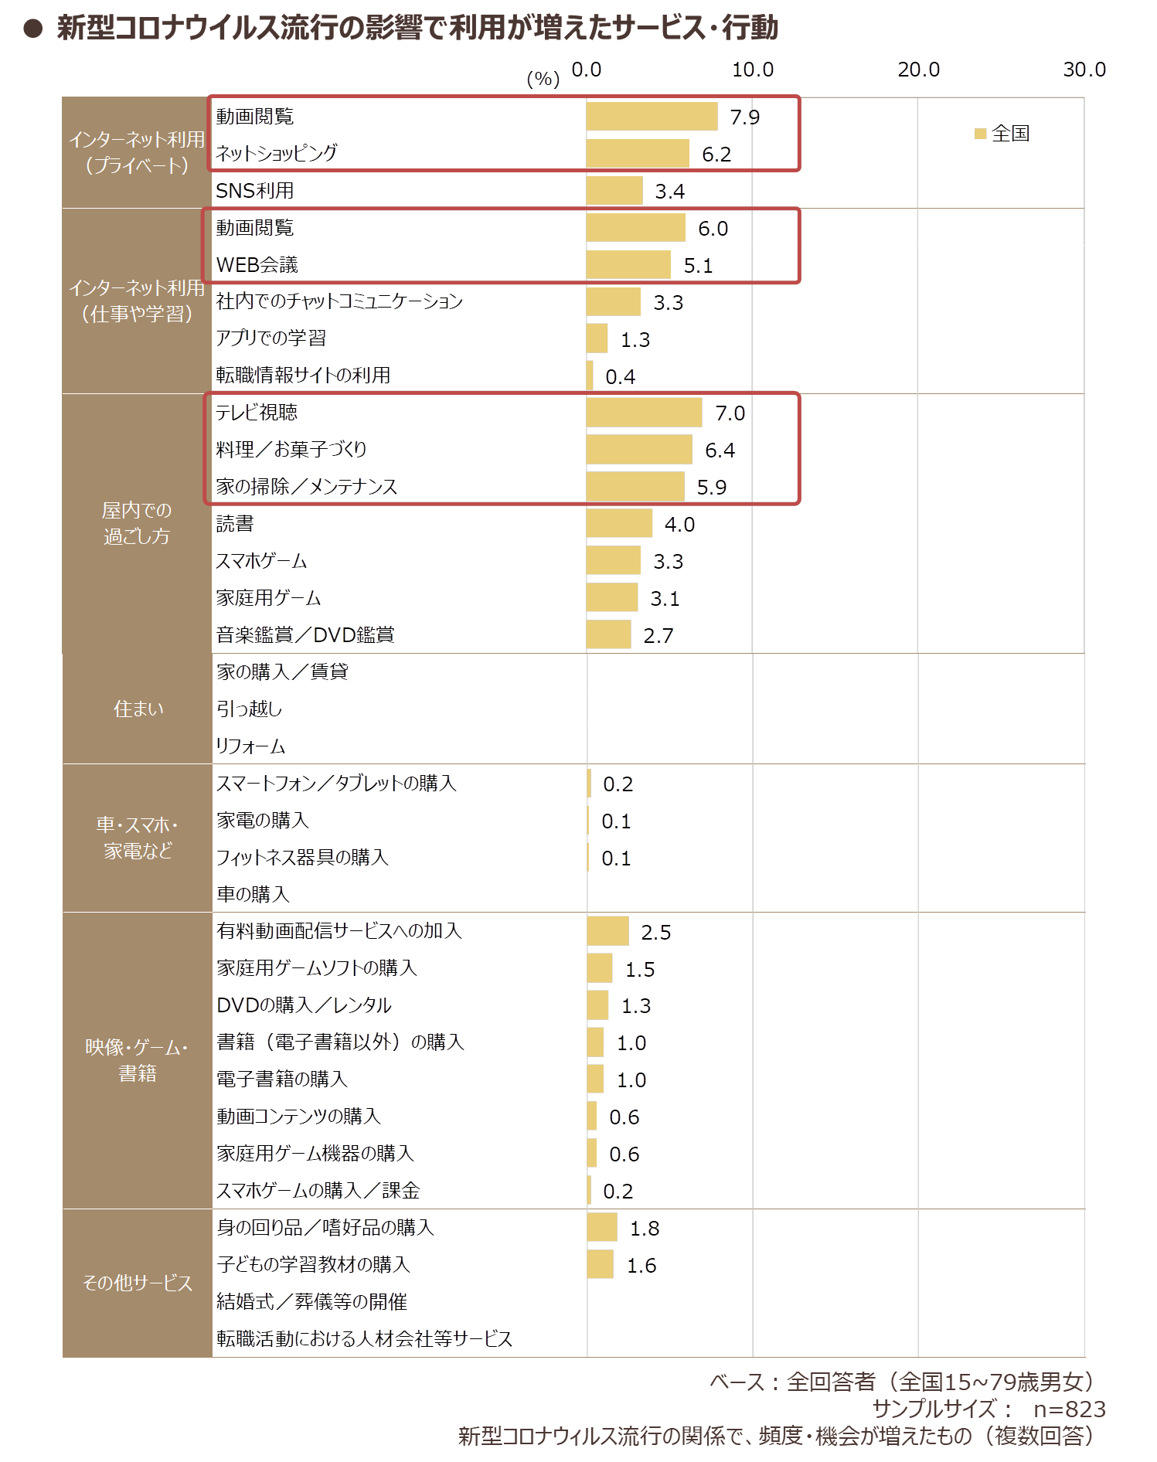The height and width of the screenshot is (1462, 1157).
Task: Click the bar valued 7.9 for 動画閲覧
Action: [652, 117]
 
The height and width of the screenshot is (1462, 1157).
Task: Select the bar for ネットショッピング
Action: [638, 154]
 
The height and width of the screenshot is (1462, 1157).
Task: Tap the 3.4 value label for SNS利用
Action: [669, 191]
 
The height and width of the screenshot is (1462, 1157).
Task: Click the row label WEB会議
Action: [257, 265]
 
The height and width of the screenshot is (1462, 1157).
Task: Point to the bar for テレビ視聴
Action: [645, 413]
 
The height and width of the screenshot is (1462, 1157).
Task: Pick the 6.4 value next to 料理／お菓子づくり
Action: [720, 450]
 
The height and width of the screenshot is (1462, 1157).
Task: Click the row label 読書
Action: [235, 524]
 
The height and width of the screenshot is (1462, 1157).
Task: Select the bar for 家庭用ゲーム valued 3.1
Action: [612, 598]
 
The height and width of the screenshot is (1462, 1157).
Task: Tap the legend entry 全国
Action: [1002, 134]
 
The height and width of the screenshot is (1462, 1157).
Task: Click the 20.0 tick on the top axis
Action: [918, 70]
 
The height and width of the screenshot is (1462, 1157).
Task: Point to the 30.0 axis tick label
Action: [1084, 70]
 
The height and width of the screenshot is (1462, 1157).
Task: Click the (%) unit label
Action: [543, 79]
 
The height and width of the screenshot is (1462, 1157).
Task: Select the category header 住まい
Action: [138, 709]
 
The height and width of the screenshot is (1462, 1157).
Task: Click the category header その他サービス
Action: [138, 1283]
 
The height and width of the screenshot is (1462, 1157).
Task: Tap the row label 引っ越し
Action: [249, 709]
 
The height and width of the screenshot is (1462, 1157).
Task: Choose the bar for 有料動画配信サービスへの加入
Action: [607, 931]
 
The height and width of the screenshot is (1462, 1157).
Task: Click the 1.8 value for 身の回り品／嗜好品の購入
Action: [645, 1228]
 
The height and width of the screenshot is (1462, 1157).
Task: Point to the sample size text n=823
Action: [1070, 1409]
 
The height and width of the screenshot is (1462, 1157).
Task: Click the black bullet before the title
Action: [33, 29]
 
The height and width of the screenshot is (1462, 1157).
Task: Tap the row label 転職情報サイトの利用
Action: [303, 376]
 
